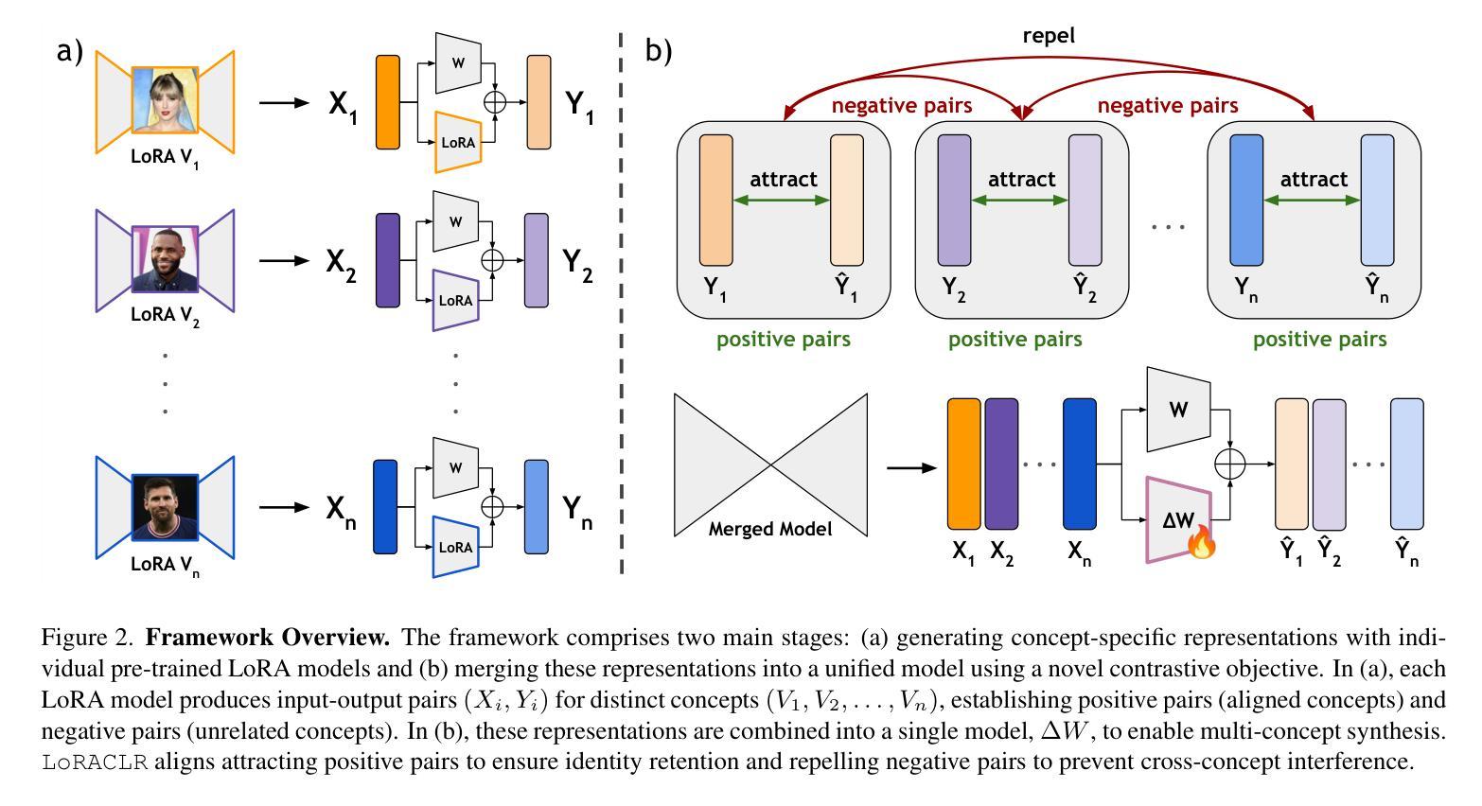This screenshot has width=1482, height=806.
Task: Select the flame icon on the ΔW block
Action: [1201, 543]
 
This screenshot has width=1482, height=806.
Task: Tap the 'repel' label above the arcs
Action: [1049, 36]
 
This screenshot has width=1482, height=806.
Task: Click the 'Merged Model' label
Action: [770, 529]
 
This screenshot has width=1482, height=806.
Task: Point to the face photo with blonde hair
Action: [166, 99]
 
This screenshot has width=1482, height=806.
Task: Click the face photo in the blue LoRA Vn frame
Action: [166, 507]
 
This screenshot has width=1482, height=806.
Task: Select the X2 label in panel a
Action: [342, 260]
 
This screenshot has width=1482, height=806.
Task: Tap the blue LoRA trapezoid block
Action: [455, 547]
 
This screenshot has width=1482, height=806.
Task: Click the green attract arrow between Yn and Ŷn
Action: [1313, 201]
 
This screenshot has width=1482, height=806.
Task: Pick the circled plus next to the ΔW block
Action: [1229, 464]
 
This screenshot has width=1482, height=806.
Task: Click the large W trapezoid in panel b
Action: [1178, 410]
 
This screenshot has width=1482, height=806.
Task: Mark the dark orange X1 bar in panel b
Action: [963, 464]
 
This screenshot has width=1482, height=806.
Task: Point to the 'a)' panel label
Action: [70, 51]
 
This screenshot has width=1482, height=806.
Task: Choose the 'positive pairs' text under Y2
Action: [1014, 339]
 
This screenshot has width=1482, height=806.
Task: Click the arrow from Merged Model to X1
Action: [910, 466]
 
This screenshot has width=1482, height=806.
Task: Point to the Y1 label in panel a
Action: [579, 104]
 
